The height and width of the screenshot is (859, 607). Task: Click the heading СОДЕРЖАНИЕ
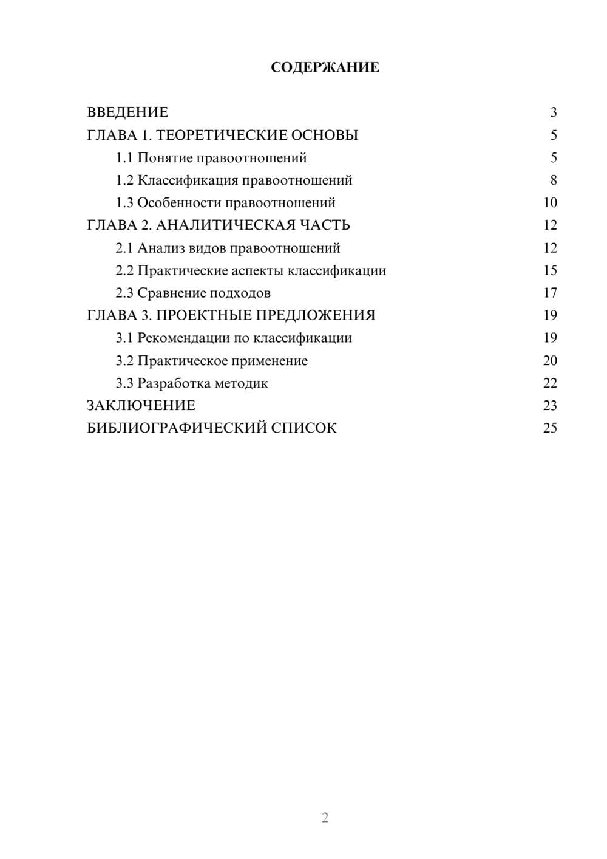point(325,67)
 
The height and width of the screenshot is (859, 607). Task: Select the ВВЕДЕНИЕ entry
point(127,112)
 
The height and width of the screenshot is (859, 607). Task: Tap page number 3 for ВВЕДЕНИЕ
point(553,112)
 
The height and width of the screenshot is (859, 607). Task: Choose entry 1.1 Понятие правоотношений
point(211,158)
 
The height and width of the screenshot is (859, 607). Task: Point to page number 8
point(553,180)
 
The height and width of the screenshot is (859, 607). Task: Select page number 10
point(550,203)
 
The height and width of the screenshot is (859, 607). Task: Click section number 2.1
point(124,248)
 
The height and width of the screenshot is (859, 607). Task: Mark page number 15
point(550,270)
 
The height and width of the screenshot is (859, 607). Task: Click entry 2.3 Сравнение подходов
point(193,293)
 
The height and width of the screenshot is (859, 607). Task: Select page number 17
point(550,293)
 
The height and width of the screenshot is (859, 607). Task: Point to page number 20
point(550,361)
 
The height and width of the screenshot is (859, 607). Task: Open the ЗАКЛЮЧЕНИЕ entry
point(141,406)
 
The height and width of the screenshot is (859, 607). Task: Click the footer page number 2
point(325,818)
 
